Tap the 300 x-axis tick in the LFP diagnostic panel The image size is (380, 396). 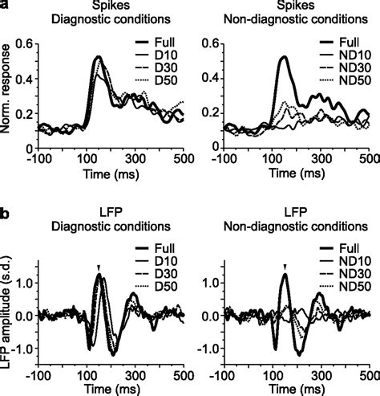pyautogui.click(x=135, y=375)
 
